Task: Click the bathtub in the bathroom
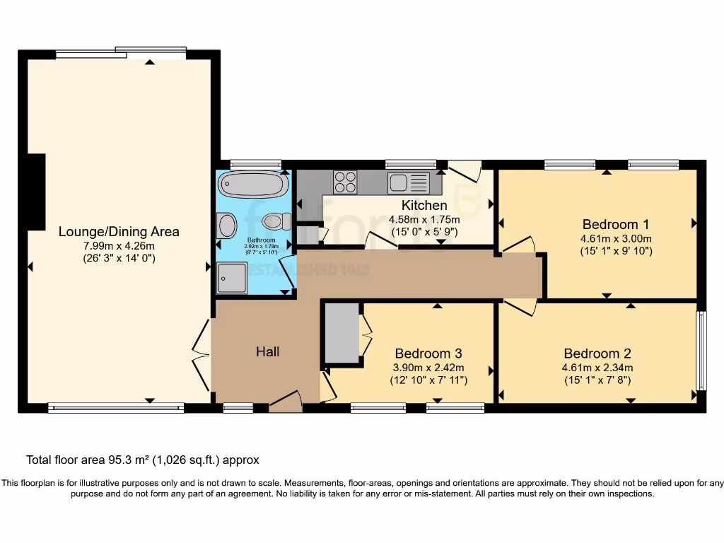tap(253, 185)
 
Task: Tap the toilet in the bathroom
tap(276, 222)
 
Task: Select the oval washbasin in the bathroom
tap(227, 226)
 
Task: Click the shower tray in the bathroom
tap(233, 277)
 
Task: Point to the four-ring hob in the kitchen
tap(345, 182)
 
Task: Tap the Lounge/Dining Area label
tap(119, 231)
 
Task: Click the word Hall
tap(267, 351)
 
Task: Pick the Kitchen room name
tap(424, 206)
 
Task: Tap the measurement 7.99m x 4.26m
tap(119, 245)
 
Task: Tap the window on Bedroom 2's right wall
tap(701, 351)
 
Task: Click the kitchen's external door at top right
tap(465, 170)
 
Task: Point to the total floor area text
tap(143, 460)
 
